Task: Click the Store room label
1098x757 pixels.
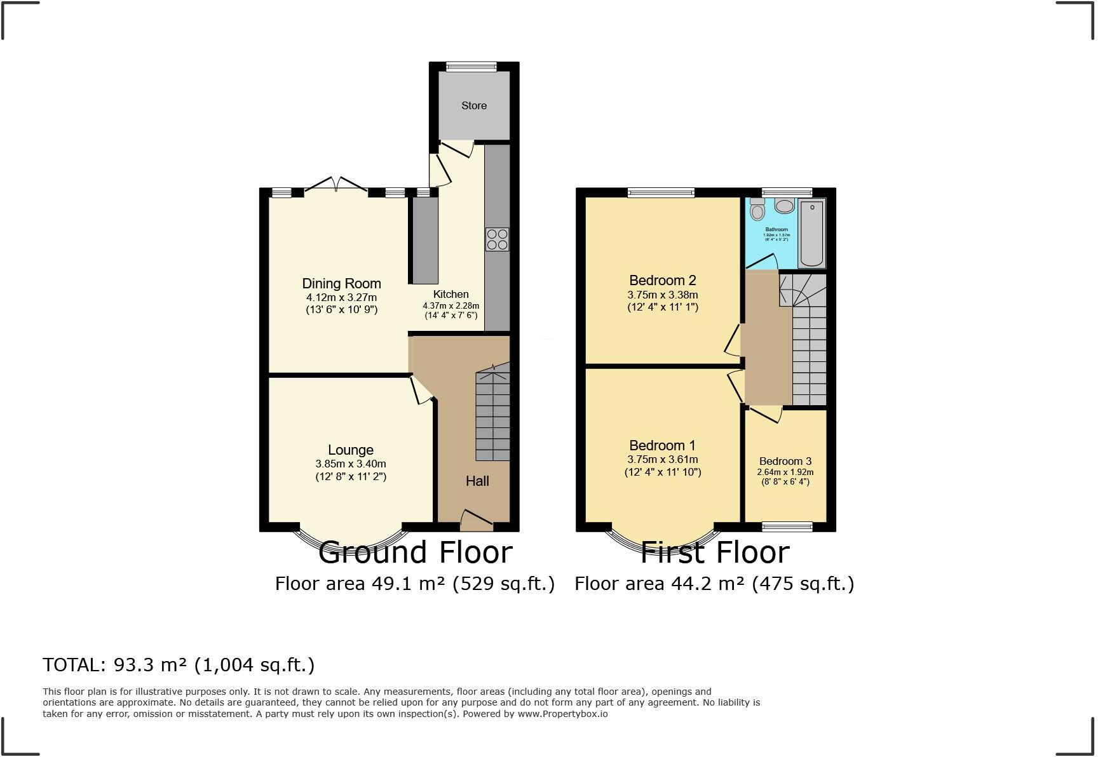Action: tap(474, 106)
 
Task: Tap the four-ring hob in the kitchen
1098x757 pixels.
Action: tap(497, 239)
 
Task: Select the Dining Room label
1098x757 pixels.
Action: tap(341, 284)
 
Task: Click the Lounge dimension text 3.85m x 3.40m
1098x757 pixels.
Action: tap(351, 464)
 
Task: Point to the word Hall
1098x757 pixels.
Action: tap(477, 481)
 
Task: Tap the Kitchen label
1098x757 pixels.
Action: tap(451, 295)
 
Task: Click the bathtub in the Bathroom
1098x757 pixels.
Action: tap(811, 233)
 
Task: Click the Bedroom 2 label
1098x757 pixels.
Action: tap(663, 281)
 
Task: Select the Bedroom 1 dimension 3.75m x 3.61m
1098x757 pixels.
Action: tap(663, 460)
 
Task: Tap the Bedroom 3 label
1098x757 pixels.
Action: tap(785, 462)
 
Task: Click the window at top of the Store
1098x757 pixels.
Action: tap(471, 66)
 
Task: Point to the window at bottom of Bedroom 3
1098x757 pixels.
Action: tap(787, 526)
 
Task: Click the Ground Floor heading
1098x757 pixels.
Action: tap(415, 553)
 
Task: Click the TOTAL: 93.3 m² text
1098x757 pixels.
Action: tap(179, 665)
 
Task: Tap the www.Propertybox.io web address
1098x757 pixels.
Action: tap(562, 714)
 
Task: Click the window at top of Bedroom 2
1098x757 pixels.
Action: tap(661, 192)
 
